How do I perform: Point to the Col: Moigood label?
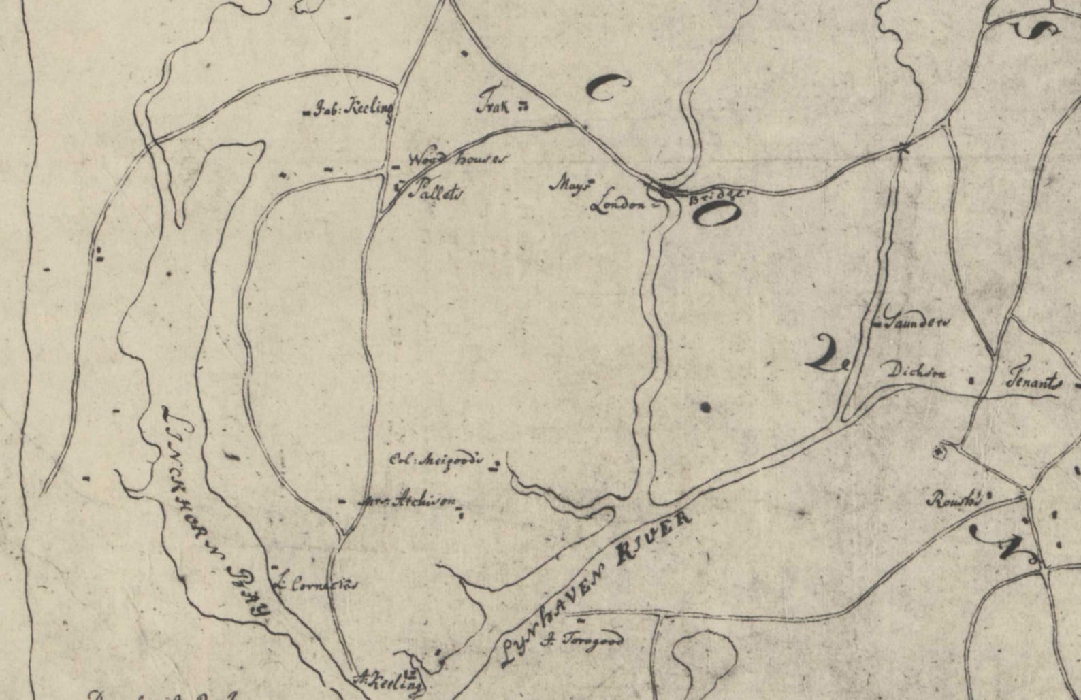(436, 459)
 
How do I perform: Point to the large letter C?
(607, 87)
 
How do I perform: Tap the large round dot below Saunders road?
(705, 407)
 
